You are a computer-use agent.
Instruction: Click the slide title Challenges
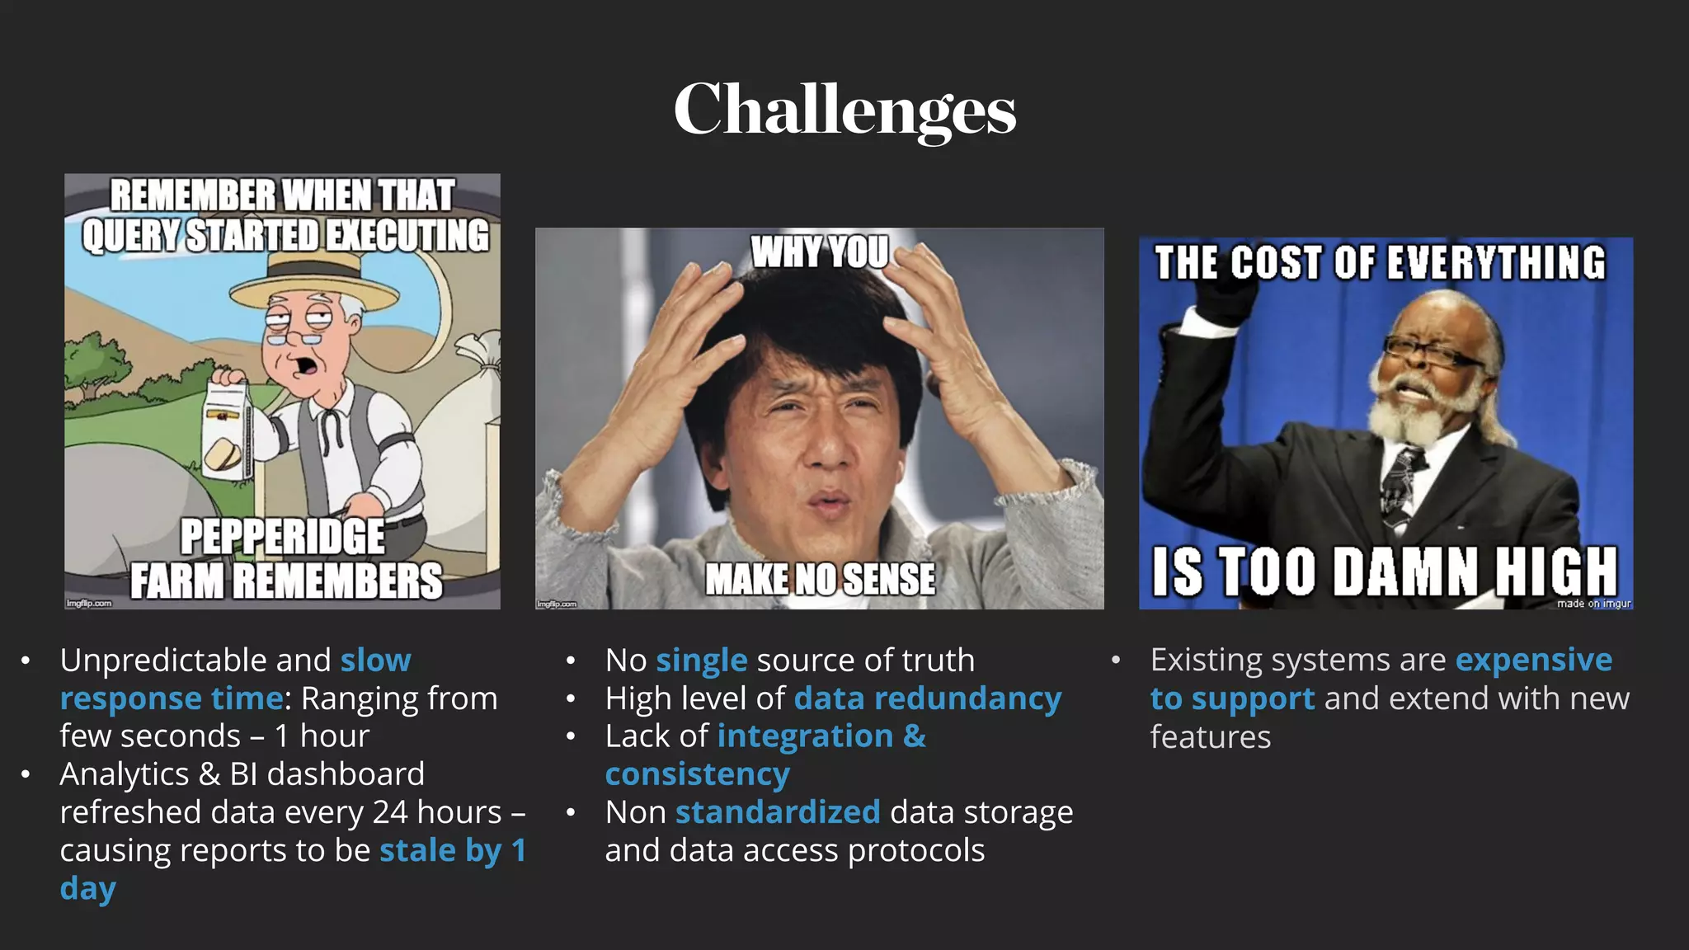(844, 110)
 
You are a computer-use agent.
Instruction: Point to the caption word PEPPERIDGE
(282, 537)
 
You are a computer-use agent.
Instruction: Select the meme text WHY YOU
(820, 252)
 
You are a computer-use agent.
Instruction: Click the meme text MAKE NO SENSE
(820, 579)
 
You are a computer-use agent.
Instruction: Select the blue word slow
(375, 661)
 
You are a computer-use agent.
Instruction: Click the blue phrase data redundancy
(927, 698)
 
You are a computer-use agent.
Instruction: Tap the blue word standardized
(777, 812)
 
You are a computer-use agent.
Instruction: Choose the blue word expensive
(1533, 660)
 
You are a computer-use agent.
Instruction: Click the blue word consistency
(697, 774)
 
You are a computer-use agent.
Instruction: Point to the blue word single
(701, 661)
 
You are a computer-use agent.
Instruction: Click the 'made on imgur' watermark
(1593, 604)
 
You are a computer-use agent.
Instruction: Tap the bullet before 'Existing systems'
(1115, 660)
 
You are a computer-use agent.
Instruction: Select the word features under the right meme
(1210, 737)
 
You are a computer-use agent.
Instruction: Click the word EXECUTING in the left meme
(407, 236)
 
